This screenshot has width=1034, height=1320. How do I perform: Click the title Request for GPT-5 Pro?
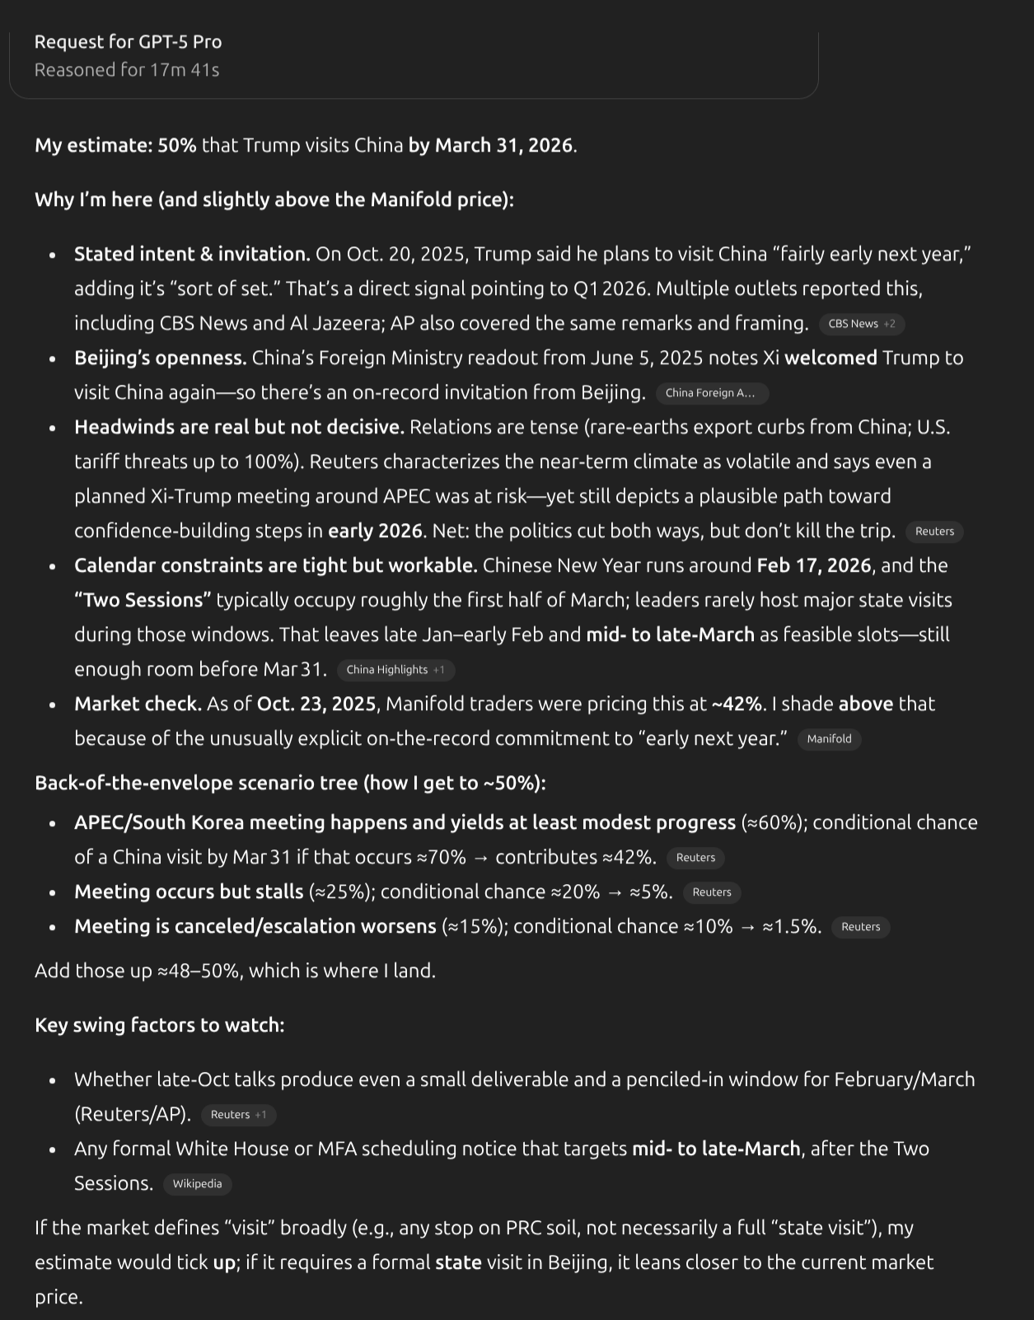tap(128, 41)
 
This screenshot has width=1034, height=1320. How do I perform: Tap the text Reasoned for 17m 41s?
tap(127, 70)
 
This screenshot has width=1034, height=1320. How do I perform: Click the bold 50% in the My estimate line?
tap(177, 146)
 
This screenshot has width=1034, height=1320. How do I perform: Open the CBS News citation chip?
tap(861, 324)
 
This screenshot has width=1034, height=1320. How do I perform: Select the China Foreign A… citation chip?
tap(711, 393)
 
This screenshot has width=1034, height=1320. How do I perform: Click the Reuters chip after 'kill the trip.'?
tap(934, 531)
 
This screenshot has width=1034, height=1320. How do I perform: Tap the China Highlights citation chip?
tap(395, 670)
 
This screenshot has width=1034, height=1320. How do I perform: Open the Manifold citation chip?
tap(829, 739)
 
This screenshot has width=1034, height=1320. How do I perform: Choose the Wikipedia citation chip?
tap(197, 1184)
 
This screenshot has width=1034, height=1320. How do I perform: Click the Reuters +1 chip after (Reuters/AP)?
tap(238, 1115)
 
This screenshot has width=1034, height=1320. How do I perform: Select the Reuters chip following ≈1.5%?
tap(860, 927)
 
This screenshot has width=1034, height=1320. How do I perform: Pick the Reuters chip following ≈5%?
tap(712, 892)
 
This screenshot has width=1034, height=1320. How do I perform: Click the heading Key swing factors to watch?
tap(159, 1025)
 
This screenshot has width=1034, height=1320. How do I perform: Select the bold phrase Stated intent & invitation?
tap(192, 255)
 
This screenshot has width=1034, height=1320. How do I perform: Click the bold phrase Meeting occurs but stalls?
tap(189, 892)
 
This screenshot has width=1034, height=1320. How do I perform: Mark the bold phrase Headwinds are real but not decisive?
tap(239, 428)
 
